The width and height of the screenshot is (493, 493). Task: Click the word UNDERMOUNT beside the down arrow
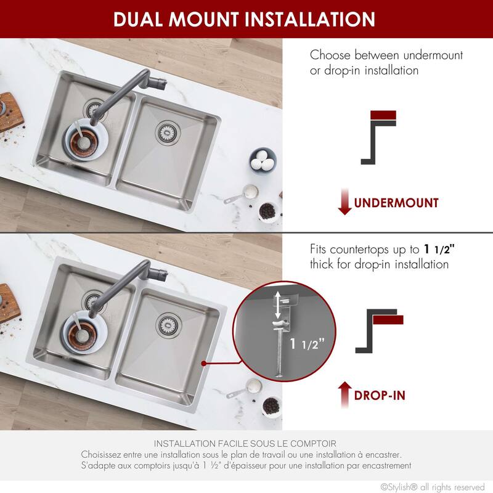(x=396, y=203)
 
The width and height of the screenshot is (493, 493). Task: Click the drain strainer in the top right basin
(x=166, y=130)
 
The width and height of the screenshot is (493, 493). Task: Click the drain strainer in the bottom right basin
(x=166, y=322)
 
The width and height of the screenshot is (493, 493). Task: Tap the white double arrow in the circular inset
(x=279, y=305)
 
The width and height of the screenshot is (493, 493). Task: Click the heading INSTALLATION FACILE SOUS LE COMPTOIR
(x=245, y=443)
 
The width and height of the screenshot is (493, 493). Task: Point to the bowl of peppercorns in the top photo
(x=267, y=211)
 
